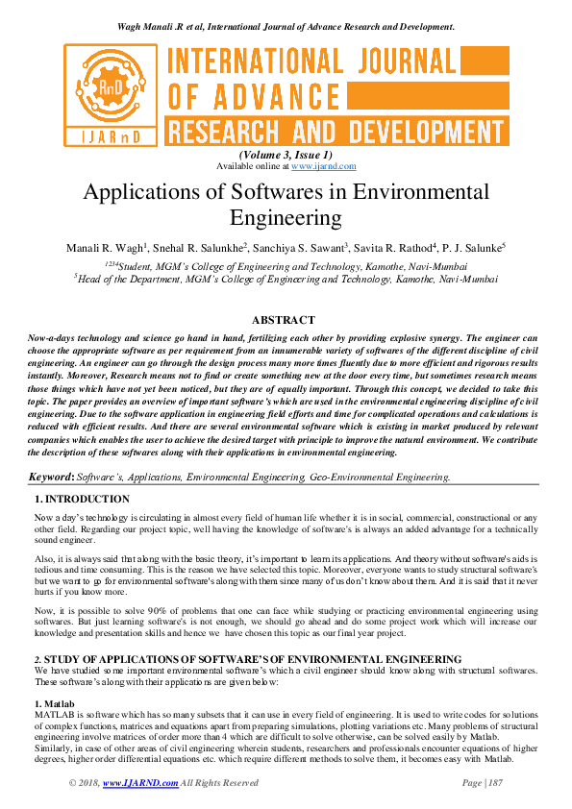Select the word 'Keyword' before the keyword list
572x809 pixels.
(x=49, y=477)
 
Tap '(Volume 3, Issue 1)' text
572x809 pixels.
(x=286, y=155)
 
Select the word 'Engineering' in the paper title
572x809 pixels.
(x=286, y=218)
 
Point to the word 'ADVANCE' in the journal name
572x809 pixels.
(x=264, y=96)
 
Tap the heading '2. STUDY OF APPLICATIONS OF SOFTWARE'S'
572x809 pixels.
(x=250, y=659)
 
